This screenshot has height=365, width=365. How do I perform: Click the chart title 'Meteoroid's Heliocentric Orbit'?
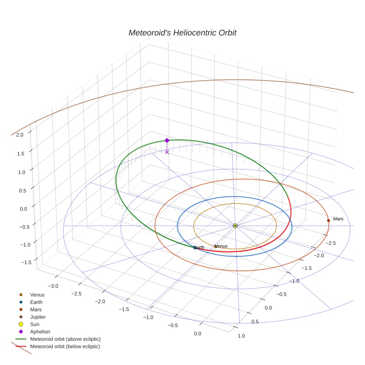coord(182,33)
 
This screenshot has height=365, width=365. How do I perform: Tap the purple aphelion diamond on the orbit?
coord(167,140)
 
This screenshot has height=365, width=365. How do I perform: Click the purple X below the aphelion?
coord(167,152)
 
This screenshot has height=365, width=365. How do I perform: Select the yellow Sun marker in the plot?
coord(235,226)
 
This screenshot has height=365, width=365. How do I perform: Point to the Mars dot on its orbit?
coord(328,220)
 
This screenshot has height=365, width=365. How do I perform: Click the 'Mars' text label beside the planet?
coord(338,219)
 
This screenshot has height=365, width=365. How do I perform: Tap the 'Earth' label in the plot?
coord(199,247)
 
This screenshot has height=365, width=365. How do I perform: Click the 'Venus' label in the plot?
coord(221,246)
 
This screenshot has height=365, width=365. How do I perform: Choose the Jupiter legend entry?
coord(37,317)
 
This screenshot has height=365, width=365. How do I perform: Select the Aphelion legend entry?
coord(40,332)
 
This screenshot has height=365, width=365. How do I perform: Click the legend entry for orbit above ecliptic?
coord(65,339)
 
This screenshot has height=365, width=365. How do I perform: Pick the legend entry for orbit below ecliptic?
coord(65,346)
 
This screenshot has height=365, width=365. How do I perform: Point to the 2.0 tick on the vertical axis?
coord(20,135)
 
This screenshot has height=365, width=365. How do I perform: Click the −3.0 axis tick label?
coord(54,286)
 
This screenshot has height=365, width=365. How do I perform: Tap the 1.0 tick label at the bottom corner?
coord(241,336)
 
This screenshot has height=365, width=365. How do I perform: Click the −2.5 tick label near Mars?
coord(330,243)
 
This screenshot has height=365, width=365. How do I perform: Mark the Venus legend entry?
coord(37,295)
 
